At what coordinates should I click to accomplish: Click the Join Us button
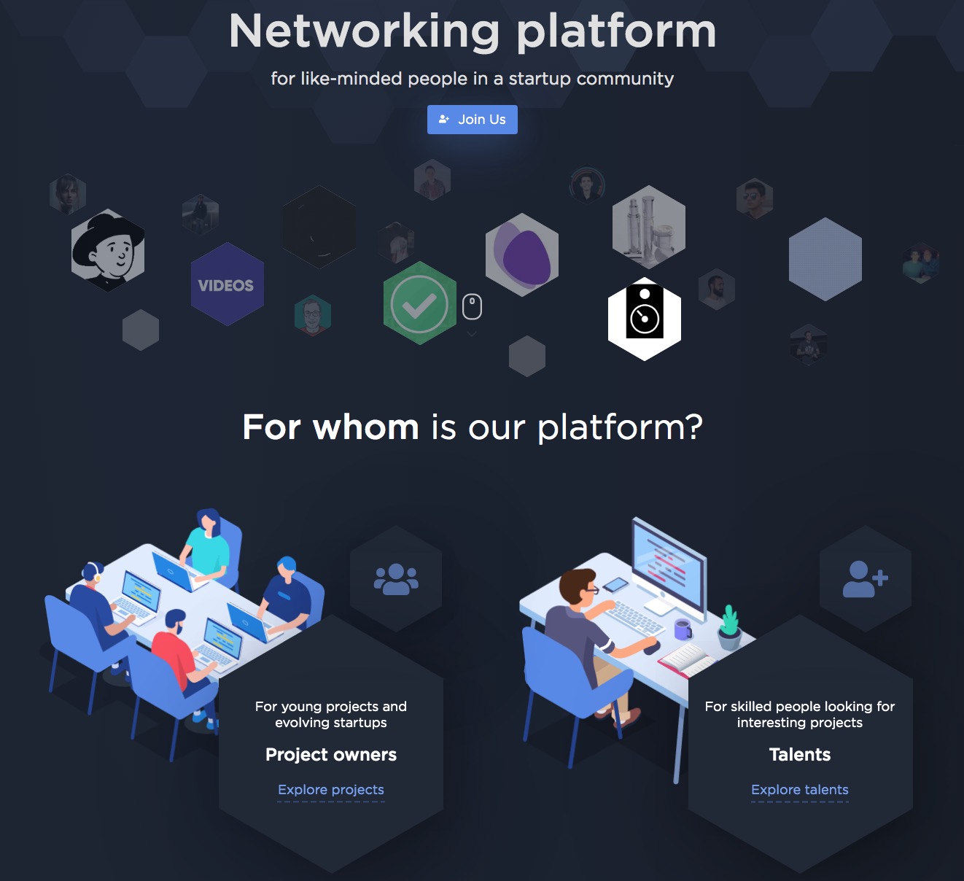[x=473, y=119]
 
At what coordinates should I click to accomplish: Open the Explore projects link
[x=331, y=789]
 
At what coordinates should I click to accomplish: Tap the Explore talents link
[x=800, y=789]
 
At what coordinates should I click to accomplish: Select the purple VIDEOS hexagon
[x=228, y=284]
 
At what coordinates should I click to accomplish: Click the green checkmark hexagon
[x=420, y=303]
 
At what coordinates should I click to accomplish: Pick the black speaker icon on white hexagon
[x=645, y=319]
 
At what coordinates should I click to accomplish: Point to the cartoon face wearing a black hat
[x=108, y=250]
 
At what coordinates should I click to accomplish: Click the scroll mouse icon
[x=472, y=306]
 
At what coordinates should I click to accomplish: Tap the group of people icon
[x=396, y=579]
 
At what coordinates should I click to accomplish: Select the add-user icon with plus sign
[x=865, y=579]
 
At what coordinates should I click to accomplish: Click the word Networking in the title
[x=364, y=31]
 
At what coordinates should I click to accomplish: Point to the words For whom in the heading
[x=330, y=427]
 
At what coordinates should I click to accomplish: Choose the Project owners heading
[x=331, y=755]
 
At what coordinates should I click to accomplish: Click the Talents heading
[x=800, y=755]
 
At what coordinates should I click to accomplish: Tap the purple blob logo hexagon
[x=522, y=255]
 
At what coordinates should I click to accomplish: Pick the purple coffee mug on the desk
[x=683, y=629]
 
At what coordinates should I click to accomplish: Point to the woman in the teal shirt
[x=206, y=546]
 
